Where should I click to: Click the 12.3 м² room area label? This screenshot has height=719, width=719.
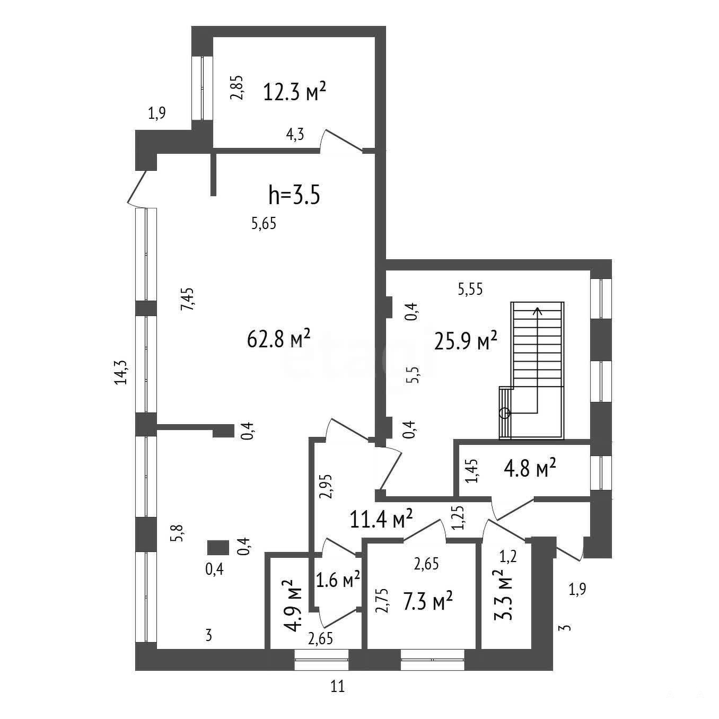[295, 92]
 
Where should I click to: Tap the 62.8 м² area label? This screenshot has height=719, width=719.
[279, 338]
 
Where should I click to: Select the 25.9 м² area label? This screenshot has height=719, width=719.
[466, 341]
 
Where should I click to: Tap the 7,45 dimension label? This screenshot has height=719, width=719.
[187, 299]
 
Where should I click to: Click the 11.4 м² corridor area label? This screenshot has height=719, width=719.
[381, 519]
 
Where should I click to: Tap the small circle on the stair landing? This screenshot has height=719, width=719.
[504, 413]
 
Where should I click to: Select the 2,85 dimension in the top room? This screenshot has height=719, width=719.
[237, 87]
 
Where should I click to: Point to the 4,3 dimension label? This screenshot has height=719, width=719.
[295, 134]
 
